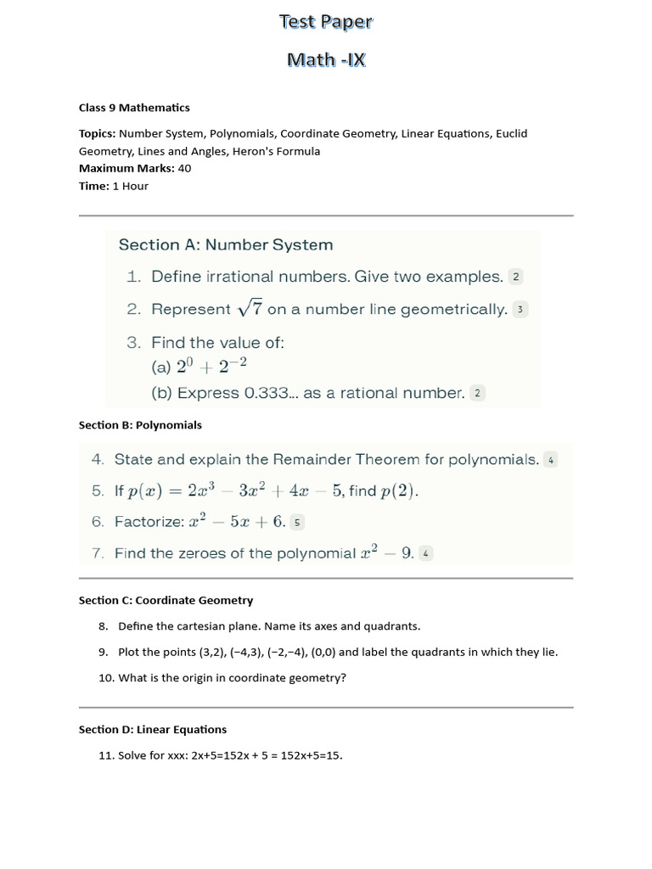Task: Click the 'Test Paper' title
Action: (326, 22)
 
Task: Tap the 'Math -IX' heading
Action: (326, 59)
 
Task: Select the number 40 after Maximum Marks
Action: (184, 168)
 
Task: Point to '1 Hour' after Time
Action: (130, 186)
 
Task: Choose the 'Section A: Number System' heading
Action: (225, 244)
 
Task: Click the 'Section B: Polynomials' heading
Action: (140, 425)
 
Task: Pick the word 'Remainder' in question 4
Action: (314, 460)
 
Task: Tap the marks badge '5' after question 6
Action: (297, 522)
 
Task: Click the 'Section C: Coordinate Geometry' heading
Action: (166, 600)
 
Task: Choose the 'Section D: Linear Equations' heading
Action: (153, 729)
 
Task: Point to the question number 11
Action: (106, 755)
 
